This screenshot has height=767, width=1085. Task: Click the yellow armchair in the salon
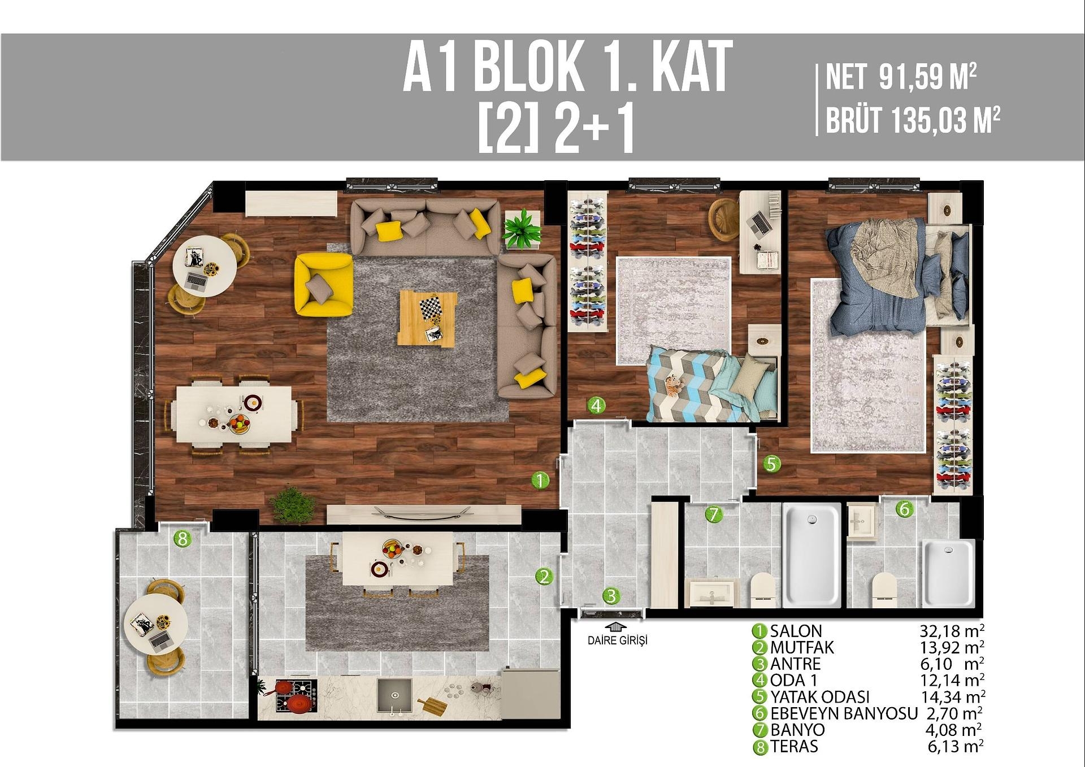point(323,284)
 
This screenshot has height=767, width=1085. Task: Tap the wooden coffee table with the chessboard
point(427,317)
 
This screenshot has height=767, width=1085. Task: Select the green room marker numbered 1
point(540,481)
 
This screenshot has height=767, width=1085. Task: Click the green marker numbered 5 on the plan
point(771,464)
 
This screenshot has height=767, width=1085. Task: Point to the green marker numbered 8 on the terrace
point(182,539)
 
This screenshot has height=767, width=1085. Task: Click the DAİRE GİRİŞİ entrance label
point(617,640)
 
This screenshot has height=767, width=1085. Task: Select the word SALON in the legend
point(796,631)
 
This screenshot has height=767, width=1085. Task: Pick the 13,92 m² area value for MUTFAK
point(952,647)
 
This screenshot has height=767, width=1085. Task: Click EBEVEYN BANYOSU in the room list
point(844,713)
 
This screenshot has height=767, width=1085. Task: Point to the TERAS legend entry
point(794,746)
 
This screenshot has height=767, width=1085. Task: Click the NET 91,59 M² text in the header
point(901,77)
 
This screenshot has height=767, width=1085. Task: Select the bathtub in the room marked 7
point(811,555)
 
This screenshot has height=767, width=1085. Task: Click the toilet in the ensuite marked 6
point(884,590)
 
